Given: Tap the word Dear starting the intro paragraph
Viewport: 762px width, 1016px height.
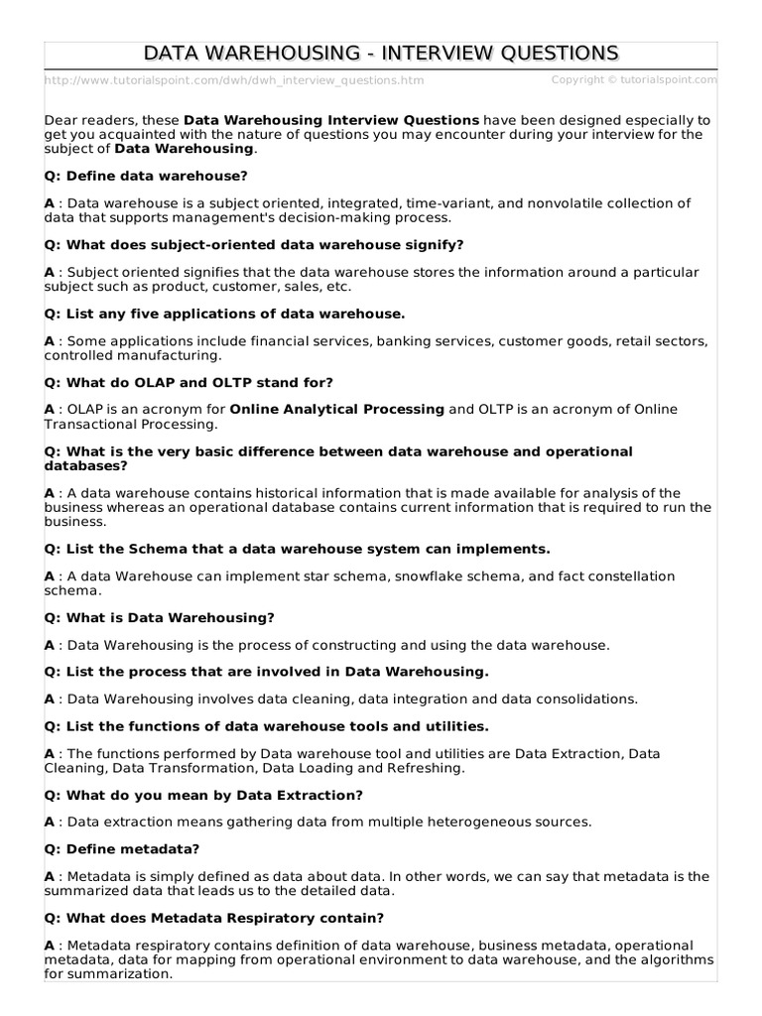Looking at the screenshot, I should [63, 120].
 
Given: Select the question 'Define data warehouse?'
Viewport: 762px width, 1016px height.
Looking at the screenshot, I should [146, 176].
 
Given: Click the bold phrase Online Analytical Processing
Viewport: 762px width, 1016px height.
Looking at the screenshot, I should [337, 409].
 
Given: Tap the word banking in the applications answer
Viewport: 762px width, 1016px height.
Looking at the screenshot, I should [422, 340].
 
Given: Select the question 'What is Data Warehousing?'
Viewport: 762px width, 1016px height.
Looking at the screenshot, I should [160, 617].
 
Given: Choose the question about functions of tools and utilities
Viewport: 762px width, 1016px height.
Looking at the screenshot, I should [267, 726].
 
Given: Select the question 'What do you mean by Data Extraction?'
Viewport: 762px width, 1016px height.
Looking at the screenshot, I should [203, 795].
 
